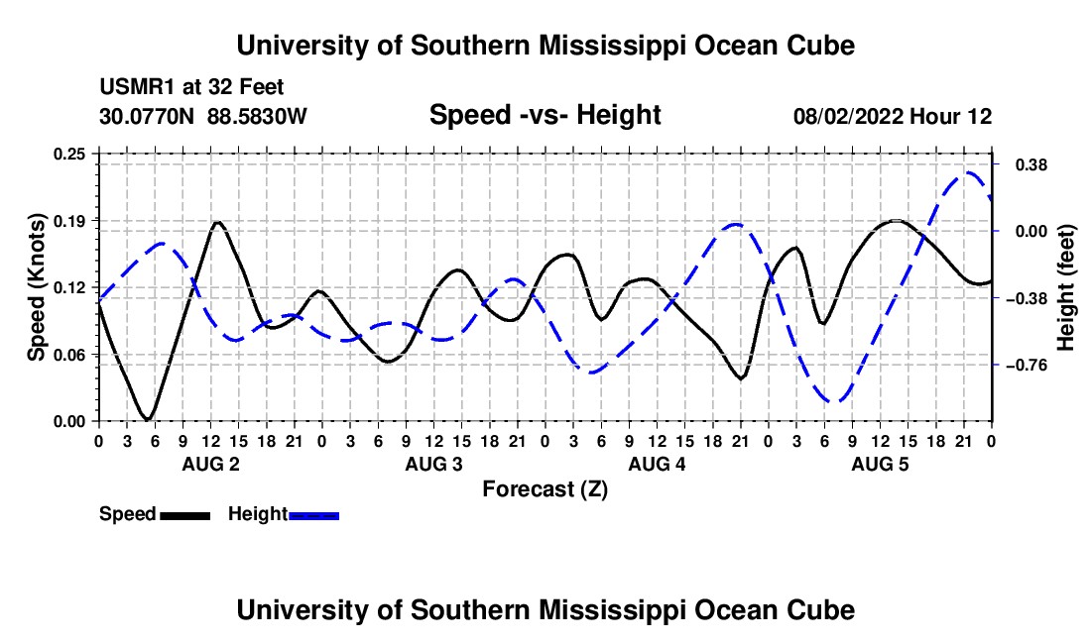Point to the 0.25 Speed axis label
coord(68,154)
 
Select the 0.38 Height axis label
coord(1031,165)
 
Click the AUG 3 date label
coord(433,464)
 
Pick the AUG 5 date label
coord(880,464)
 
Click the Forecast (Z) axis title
coord(545,489)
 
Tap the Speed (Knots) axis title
coord(36,287)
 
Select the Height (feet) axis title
coord(1065,287)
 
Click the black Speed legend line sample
coord(185,516)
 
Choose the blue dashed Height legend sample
coord(313,516)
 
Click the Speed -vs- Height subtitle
coord(545,115)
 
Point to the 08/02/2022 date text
coord(848,116)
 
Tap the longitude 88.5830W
coord(257,116)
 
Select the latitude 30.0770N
coord(147,116)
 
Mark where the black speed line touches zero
coord(148,420)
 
